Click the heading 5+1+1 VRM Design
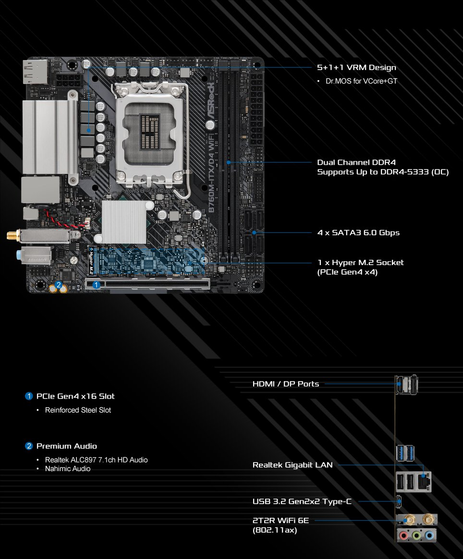point(356,68)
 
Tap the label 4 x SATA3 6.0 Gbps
point(358,233)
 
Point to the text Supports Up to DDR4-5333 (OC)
point(383,171)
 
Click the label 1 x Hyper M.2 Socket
point(360,263)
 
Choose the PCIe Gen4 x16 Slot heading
point(75,396)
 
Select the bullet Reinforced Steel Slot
point(78,410)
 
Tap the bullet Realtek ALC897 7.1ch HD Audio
point(96,460)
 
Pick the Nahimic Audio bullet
point(68,469)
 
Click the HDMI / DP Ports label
point(286,384)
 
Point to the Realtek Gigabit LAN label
point(292,465)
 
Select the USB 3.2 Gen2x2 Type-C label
point(302,502)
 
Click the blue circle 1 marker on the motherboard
point(97,285)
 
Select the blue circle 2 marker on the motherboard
point(59,285)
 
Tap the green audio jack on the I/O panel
point(417,535)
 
